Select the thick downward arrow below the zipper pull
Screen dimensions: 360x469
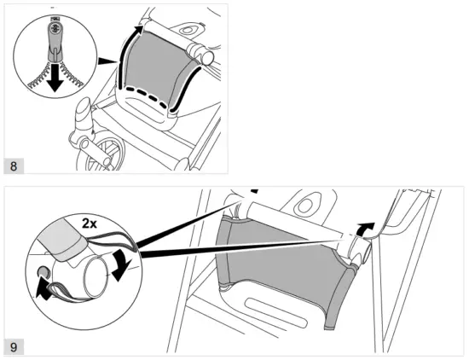pos(55,78)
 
